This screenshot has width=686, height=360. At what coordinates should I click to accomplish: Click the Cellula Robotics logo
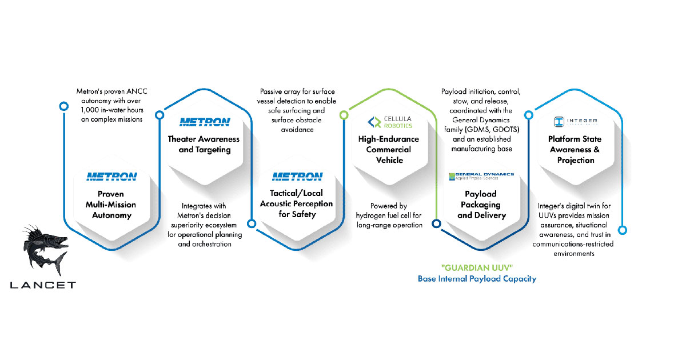390,122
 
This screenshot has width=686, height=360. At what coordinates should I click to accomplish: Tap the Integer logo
576,122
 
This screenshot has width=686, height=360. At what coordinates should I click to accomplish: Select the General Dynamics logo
481,177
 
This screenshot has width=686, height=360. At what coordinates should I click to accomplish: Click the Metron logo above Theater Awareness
205,122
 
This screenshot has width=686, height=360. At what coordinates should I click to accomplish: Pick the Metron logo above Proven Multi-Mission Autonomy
111,177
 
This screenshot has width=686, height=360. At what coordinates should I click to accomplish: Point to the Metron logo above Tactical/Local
297,177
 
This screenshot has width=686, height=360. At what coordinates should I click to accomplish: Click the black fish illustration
45,250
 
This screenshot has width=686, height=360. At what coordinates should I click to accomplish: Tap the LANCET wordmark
43,285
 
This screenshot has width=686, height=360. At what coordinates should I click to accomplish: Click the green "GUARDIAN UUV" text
477,268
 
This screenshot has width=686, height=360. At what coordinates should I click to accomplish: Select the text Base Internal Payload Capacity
477,279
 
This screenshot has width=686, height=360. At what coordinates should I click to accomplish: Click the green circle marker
344,115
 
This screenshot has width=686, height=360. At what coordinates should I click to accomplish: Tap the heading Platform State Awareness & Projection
575,149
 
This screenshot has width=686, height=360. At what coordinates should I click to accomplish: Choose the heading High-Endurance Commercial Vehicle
389,149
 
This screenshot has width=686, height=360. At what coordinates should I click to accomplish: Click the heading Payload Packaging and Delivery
481,205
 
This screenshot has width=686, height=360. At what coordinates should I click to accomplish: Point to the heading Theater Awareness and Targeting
204,144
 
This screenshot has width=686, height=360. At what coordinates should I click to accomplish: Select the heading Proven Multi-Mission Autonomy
111,205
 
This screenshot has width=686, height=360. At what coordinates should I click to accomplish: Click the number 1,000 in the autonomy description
90,110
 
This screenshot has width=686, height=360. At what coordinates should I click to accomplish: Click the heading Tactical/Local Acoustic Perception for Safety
297,203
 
